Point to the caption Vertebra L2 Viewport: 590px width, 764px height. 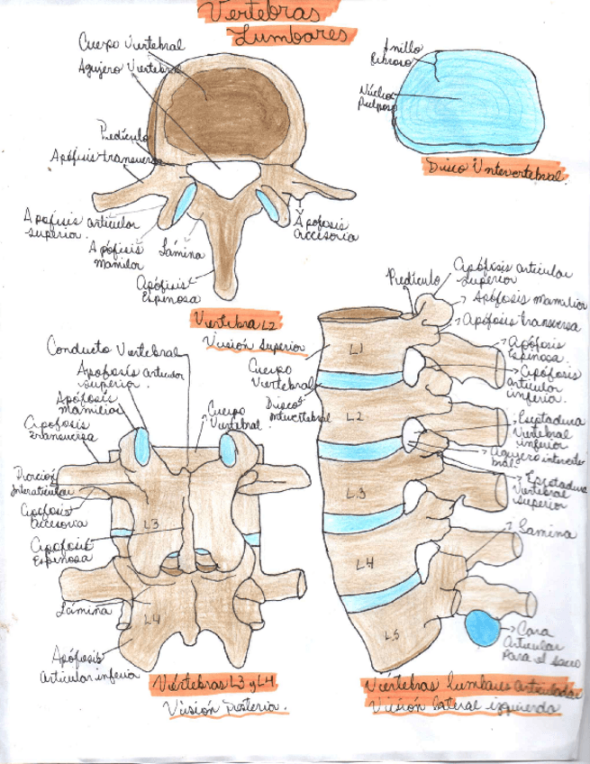pyautogui.click(x=237, y=320)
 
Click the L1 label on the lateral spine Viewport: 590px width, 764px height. pyautogui.click(x=357, y=349)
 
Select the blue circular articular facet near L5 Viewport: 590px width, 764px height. pyautogui.click(x=484, y=627)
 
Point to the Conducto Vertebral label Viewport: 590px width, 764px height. pyautogui.click(x=115, y=350)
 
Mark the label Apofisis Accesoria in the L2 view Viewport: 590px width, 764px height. pyautogui.click(x=325, y=229)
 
